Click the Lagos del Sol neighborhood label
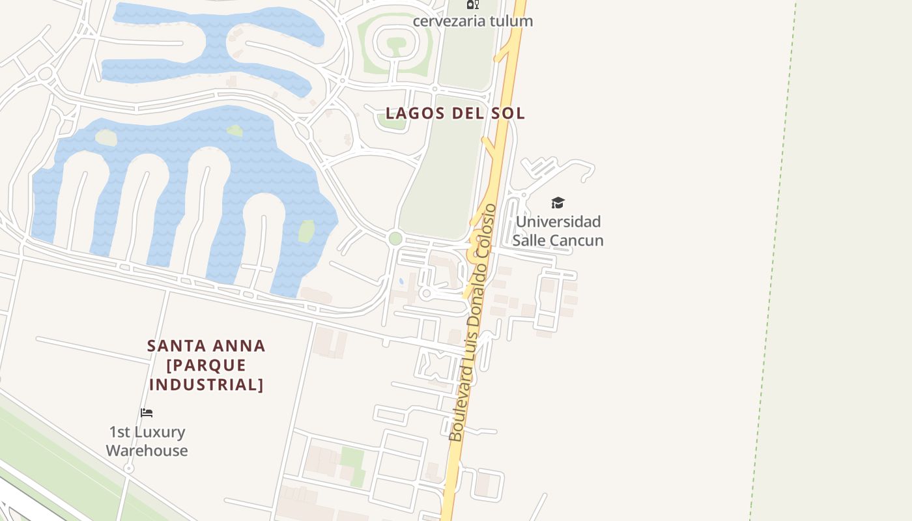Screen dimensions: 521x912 tap(455, 113)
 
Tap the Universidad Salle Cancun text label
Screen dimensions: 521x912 tap(558, 231)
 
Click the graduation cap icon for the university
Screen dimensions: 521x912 tap(558, 203)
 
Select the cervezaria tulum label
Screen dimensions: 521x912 tap(473, 21)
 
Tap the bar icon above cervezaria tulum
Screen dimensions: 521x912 tap(473, 4)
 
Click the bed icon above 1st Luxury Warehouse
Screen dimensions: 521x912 tap(147, 412)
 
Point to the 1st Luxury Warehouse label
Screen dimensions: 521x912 tap(147, 441)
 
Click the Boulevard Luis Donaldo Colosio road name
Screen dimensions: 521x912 tap(473, 322)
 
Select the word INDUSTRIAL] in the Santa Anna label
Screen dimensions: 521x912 tap(206, 384)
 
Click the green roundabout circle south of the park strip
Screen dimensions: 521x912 tap(395, 238)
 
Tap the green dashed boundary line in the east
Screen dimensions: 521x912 tap(773, 260)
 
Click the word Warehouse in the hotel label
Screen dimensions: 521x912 tap(147, 451)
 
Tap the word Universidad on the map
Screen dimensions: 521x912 tap(558, 221)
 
